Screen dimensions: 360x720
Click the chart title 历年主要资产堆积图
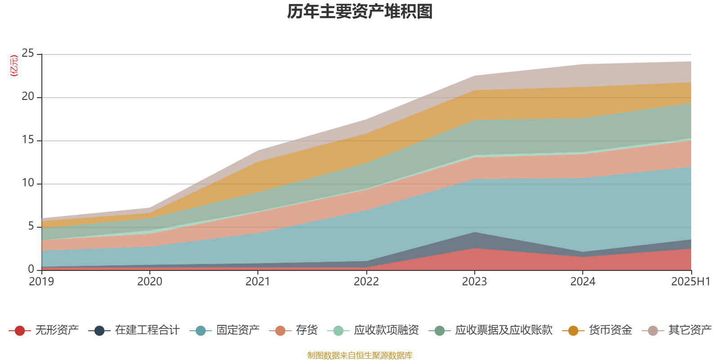click(x=360, y=12)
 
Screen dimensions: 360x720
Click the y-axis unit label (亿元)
click(x=14, y=66)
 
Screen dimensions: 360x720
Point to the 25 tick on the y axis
click(x=28, y=54)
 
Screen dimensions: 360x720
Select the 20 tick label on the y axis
click(x=28, y=97)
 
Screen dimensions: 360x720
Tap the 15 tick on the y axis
click(x=28, y=140)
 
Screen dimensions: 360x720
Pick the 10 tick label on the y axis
click(x=28, y=183)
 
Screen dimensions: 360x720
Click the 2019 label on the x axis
click(x=41, y=282)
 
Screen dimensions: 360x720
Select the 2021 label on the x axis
click(x=258, y=282)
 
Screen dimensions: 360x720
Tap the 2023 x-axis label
click(x=474, y=282)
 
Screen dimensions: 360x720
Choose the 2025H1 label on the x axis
click(x=690, y=282)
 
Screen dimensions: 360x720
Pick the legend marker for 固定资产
click(x=201, y=331)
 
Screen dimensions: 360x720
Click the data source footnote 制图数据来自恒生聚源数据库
click(x=360, y=355)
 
